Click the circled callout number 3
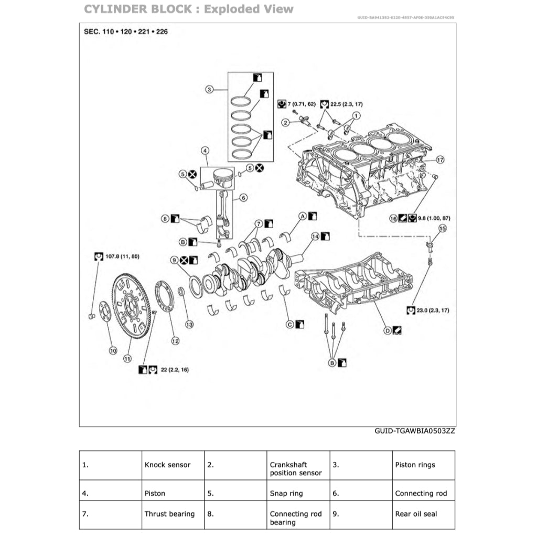point(209,89)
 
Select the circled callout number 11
point(127,359)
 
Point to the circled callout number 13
point(189,324)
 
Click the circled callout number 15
point(442,228)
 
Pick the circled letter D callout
point(388,330)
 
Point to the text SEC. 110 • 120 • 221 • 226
point(126,31)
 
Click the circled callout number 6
point(243,198)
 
